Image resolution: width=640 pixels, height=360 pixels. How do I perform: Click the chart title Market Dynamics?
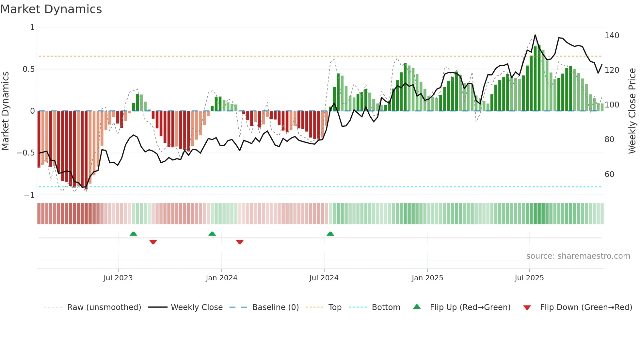[51, 9]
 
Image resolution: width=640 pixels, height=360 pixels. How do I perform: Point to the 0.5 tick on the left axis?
[28, 69]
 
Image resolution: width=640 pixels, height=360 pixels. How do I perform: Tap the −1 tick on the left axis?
[29, 195]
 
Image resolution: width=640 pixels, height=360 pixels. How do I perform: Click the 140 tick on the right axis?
[612, 36]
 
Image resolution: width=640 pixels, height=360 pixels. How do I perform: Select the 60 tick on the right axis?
[609, 174]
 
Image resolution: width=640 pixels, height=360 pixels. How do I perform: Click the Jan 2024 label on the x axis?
[221, 278]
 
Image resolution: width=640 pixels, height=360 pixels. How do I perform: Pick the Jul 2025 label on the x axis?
[529, 278]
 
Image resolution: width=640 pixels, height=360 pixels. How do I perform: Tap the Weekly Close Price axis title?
[632, 111]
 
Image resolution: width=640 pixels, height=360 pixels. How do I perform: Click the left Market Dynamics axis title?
[5, 111]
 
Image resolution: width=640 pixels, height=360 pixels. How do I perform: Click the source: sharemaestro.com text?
[578, 256]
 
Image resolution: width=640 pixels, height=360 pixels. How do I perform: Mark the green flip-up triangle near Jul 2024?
[330, 234]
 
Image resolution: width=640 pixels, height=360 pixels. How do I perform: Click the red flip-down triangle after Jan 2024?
[240, 242]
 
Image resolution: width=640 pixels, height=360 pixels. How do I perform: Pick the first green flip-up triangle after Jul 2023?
[133, 234]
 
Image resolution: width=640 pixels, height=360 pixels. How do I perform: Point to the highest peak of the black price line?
[535, 35]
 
